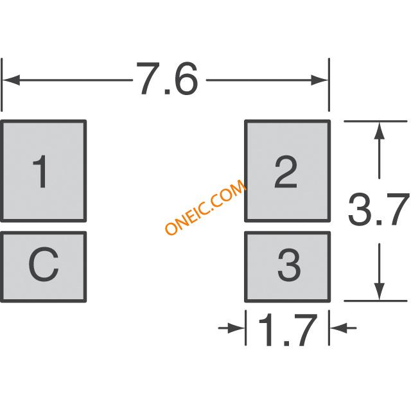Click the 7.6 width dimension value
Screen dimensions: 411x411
(167, 78)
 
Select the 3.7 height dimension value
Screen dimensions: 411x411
(379, 209)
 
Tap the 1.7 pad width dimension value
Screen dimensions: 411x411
(288, 329)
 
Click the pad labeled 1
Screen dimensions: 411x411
(44, 171)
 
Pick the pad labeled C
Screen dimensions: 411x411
(44, 267)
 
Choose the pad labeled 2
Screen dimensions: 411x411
(288, 171)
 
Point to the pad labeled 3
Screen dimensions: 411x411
(288, 267)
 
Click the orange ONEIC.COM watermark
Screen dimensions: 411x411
(205, 207)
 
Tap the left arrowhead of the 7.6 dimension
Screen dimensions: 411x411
(11, 80)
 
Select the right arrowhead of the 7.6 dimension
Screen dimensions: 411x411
(319, 80)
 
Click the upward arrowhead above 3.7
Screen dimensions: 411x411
(380, 130)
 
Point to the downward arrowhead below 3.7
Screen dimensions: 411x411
(380, 292)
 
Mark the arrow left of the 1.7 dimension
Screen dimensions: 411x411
(231, 328)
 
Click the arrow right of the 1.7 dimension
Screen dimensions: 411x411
(344, 328)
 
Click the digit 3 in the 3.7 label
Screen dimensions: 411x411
(359, 209)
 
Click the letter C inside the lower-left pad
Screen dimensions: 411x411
(43, 265)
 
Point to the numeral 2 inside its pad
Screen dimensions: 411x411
(286, 172)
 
